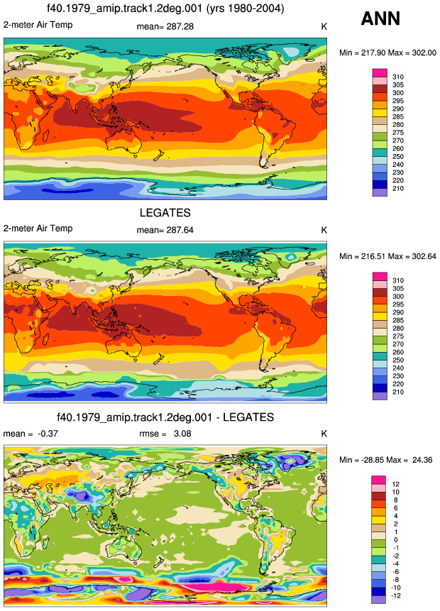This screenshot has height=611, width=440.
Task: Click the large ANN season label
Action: pos(380,18)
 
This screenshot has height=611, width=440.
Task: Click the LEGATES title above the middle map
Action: pos(165,213)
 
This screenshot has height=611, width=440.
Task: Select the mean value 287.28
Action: pos(180,26)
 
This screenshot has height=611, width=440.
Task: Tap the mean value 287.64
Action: pos(180,231)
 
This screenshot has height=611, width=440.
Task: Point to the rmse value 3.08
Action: pos(182,434)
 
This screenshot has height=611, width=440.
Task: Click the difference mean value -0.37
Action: pos(48,434)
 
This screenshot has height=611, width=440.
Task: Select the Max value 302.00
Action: pos(424,53)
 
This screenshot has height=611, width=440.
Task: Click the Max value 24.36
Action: pos(422,460)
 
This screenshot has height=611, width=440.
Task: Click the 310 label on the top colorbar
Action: pos(398,77)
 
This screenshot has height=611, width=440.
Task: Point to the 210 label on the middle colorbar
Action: pos(398,392)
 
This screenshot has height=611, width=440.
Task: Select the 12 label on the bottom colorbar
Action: pos(395,485)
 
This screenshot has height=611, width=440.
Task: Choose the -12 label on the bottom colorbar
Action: pos(396,596)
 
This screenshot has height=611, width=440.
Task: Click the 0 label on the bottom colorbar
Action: pos(395,540)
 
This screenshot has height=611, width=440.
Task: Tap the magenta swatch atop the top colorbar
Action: pos(380,73)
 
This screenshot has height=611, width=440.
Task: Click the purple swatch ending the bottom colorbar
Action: pos(378,600)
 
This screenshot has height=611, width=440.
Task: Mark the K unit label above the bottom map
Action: pos(324,434)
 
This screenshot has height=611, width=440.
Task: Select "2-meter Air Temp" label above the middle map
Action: pos(38,229)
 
